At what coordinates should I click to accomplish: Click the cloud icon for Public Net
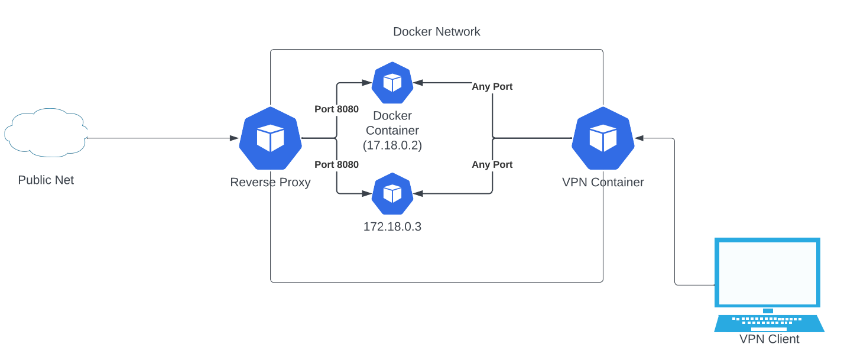(46, 133)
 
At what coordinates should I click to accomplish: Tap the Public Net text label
(46, 180)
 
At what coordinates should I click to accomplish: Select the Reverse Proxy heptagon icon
(270, 138)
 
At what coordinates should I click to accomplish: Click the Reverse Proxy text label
(270, 182)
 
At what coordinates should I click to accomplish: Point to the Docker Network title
(436, 32)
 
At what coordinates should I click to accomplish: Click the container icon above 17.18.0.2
(392, 83)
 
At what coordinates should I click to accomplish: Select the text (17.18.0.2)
(392, 145)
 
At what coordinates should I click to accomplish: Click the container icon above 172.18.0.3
(392, 193)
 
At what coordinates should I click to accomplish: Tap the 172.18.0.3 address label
(392, 226)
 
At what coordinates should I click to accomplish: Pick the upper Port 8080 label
(336, 109)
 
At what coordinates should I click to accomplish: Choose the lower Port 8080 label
(336, 164)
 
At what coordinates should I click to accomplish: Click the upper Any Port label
(492, 87)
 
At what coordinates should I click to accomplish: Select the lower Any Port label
(492, 164)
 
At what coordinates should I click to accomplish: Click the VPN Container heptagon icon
(603, 138)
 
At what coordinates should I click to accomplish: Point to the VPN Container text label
(603, 182)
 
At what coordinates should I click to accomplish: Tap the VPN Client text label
(769, 339)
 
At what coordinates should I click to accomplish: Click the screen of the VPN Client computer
(767, 272)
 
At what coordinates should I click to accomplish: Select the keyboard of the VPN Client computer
(768, 323)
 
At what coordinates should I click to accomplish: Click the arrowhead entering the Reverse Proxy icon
(235, 138)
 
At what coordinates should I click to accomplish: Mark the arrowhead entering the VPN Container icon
(639, 138)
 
